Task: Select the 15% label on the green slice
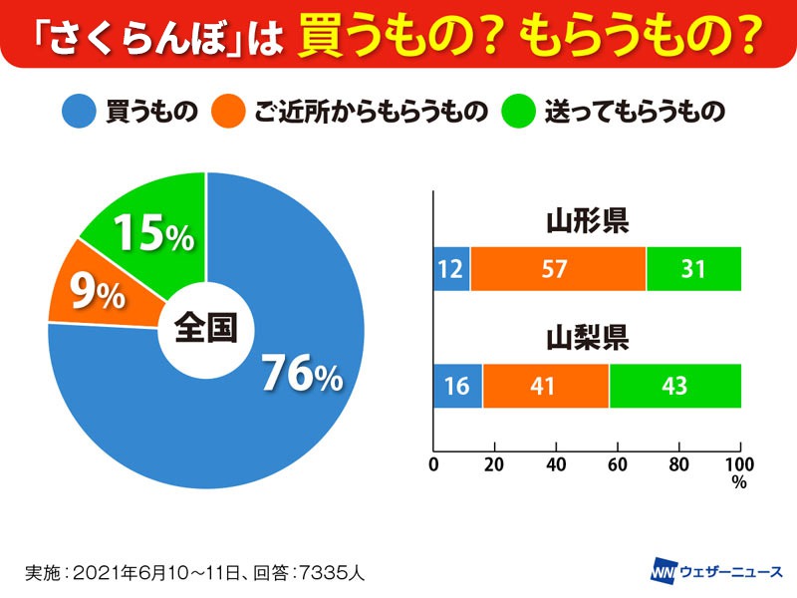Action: (x=151, y=234)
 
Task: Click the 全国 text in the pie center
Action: (x=205, y=329)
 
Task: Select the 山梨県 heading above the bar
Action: (x=587, y=339)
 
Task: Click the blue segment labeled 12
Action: (x=451, y=269)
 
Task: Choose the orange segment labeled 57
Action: (x=558, y=269)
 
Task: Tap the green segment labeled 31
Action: (x=693, y=269)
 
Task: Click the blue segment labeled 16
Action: (x=457, y=387)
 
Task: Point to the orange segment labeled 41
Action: (x=545, y=387)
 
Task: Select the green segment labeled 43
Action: (x=674, y=387)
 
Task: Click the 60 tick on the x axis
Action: (x=618, y=464)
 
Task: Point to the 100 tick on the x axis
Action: (x=740, y=464)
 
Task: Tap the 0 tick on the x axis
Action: (x=433, y=464)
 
